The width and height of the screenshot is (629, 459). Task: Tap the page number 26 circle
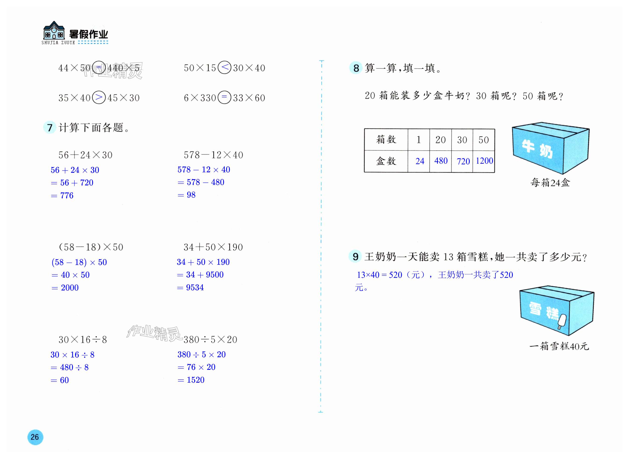[x=35, y=437]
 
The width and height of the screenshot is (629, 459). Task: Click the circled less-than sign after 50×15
[x=224, y=67]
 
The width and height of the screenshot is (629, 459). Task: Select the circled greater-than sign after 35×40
[x=99, y=97]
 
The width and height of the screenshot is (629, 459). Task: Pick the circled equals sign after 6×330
[x=224, y=97]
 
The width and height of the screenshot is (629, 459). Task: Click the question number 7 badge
[x=50, y=127]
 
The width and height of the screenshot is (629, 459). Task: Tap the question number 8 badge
[x=356, y=68]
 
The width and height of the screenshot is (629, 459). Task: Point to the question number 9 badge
[x=355, y=256]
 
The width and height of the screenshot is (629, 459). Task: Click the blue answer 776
[x=67, y=196]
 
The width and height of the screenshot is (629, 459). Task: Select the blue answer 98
[x=191, y=195]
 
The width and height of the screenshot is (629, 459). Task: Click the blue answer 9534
[x=195, y=287]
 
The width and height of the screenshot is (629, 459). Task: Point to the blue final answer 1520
[x=195, y=380]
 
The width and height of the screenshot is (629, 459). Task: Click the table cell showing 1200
[x=484, y=161]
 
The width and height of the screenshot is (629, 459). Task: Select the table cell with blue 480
[x=441, y=161]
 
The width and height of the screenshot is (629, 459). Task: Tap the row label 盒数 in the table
[x=386, y=161]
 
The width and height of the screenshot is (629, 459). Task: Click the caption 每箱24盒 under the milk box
[x=550, y=183]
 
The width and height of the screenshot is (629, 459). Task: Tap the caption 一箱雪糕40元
[x=559, y=346]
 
